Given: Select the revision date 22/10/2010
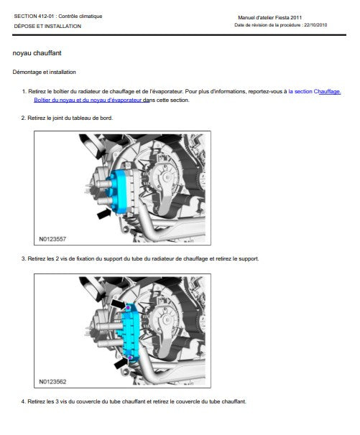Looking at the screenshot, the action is click(x=315, y=25).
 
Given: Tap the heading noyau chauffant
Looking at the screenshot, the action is click(x=37, y=53).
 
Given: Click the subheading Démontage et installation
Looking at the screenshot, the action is click(x=44, y=72).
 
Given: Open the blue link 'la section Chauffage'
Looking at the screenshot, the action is click(x=315, y=92).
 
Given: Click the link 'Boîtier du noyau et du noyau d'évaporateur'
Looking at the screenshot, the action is click(x=88, y=100).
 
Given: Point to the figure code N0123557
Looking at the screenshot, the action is click(x=52, y=239).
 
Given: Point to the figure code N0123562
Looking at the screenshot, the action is click(x=52, y=382).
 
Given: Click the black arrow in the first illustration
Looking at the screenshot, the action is click(x=104, y=213).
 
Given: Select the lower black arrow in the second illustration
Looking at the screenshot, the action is click(x=121, y=363).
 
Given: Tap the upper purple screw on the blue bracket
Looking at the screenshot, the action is click(x=128, y=308).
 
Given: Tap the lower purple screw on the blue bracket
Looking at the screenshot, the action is click(x=130, y=358).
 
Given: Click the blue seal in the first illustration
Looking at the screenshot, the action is click(x=119, y=192).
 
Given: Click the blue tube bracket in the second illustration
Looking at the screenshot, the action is click(x=130, y=333).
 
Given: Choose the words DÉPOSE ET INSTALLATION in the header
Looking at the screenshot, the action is click(x=47, y=27).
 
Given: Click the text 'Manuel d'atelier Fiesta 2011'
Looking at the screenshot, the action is click(x=269, y=17).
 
